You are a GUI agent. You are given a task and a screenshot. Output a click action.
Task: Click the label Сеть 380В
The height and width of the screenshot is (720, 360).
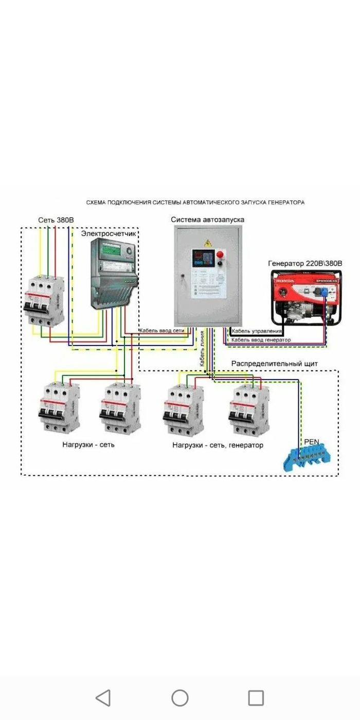pyautogui.click(x=56, y=221)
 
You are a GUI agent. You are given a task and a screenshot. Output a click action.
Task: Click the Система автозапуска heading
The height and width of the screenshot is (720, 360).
pyautogui.click(x=208, y=220)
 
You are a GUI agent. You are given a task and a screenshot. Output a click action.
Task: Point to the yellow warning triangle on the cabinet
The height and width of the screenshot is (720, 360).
pyautogui.click(x=208, y=242)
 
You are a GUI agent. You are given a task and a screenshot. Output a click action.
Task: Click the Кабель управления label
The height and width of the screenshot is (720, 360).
pyautogui.click(x=257, y=331)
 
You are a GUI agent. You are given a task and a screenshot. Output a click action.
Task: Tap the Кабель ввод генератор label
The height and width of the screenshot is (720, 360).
pyautogui.click(x=261, y=340)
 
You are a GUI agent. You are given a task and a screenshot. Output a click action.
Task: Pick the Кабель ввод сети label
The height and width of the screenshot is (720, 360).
pyautogui.click(x=161, y=331)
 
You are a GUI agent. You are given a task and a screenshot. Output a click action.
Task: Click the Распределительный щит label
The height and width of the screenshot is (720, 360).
pyautogui.click(x=274, y=364)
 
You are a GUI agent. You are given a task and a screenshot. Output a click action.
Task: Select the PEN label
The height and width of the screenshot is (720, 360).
pyautogui.click(x=312, y=442)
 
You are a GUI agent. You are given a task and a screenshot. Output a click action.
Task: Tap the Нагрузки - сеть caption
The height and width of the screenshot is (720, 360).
pyautogui.click(x=88, y=444)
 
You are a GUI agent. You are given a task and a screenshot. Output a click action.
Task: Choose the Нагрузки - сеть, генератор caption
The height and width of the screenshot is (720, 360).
pyautogui.click(x=218, y=445)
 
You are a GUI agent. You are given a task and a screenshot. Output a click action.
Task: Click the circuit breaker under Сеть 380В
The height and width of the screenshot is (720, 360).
pyautogui.click(x=44, y=300)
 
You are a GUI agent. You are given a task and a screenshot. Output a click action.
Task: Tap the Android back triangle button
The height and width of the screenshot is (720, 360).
pyautogui.click(x=103, y=698)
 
